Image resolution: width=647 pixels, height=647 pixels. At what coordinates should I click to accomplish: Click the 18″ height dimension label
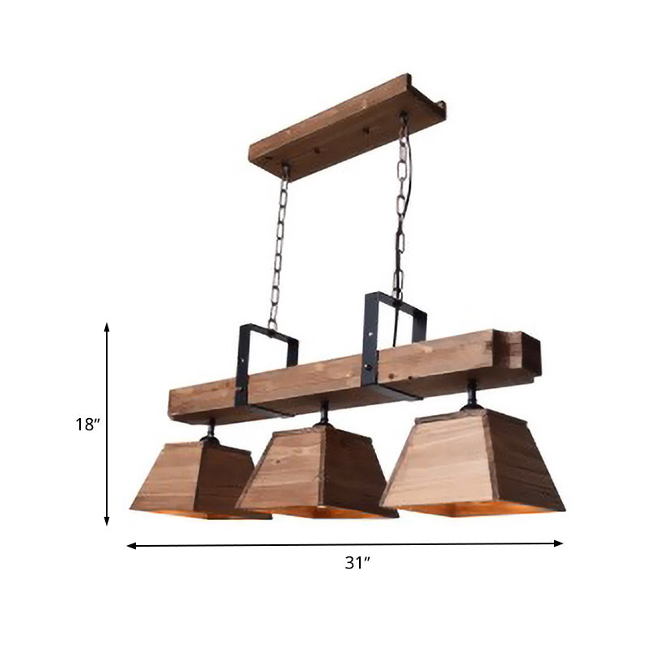point(86,424)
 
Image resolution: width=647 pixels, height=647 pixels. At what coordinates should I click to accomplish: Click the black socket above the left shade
point(209,429)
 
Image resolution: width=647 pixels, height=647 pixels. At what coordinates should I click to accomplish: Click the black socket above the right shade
point(471,396)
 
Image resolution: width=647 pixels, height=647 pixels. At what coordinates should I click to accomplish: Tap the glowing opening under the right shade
point(477,510)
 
